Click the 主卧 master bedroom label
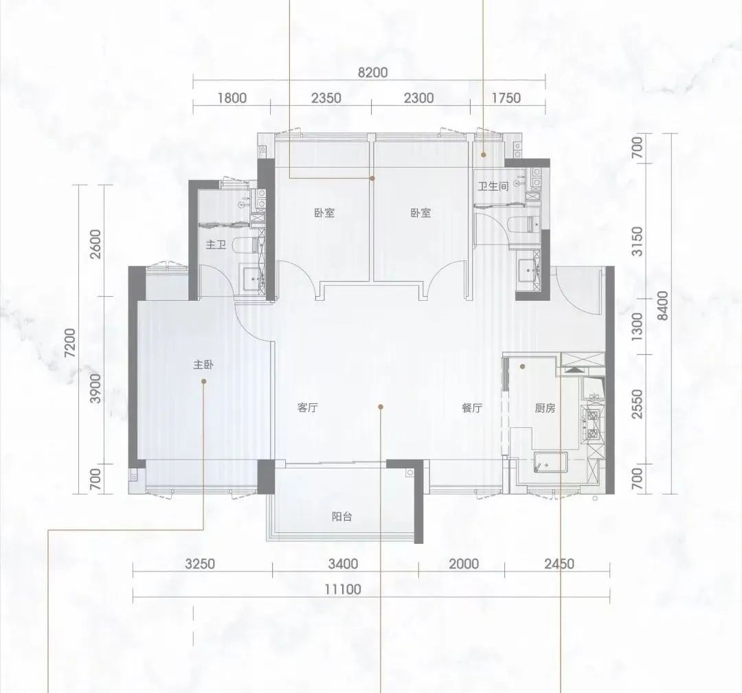click(203, 365)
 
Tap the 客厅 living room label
click(308, 408)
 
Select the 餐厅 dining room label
click(472, 408)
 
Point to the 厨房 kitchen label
click(545, 408)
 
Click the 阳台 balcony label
click(341, 516)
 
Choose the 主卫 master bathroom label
click(215, 245)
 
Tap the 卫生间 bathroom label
click(493, 186)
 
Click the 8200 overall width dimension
click(372, 72)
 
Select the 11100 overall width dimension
click(343, 589)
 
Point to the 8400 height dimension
click(663, 306)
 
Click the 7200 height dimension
click(69, 343)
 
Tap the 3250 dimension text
click(200, 564)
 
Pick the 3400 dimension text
click(343, 564)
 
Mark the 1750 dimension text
click(506, 98)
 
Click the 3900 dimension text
click(95, 388)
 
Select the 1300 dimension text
click(638, 326)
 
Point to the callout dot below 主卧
click(204, 381)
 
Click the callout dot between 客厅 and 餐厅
click(381, 407)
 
